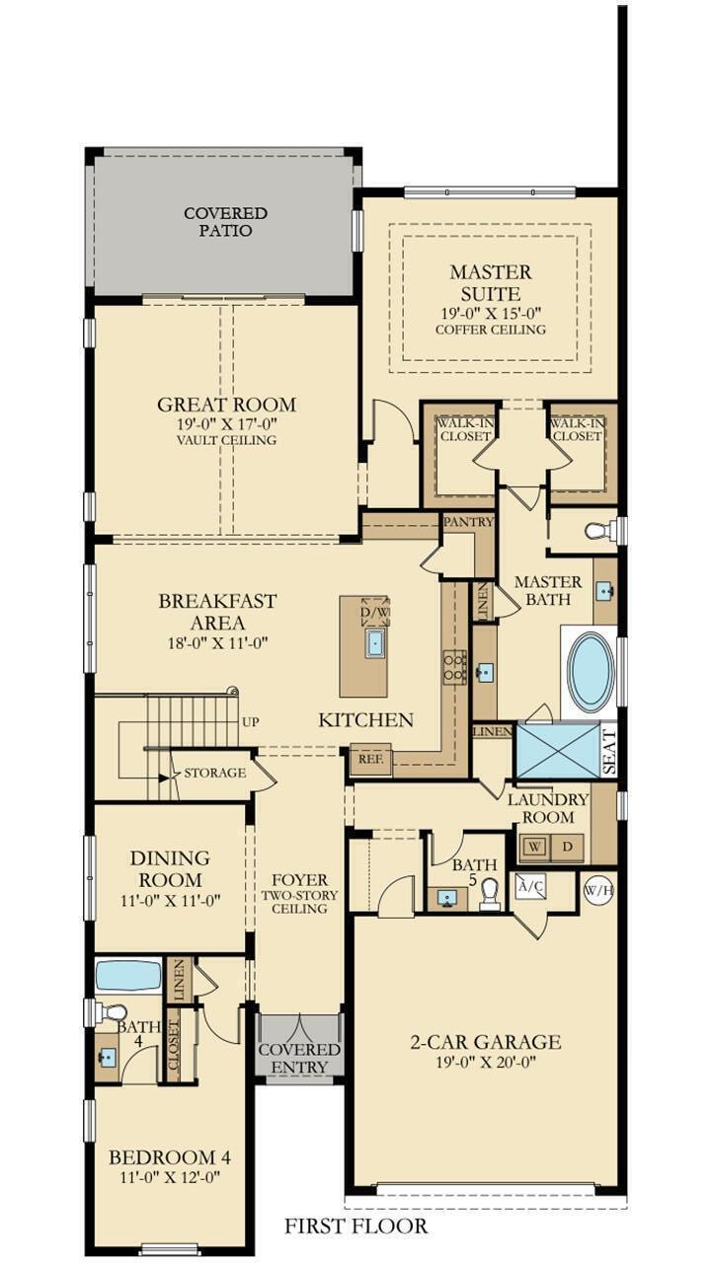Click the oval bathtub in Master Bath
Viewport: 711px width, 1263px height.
(x=591, y=672)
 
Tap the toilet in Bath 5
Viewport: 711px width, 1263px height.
(x=489, y=894)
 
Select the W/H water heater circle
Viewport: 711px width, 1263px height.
(x=598, y=890)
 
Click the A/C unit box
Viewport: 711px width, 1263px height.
(x=529, y=887)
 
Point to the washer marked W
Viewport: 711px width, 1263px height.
(x=535, y=848)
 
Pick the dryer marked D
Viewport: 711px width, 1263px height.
(x=567, y=848)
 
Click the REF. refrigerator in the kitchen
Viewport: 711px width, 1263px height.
(x=371, y=760)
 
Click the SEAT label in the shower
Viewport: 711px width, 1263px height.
(x=608, y=752)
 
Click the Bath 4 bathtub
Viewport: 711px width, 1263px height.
(x=128, y=976)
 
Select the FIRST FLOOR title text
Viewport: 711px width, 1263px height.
(x=356, y=1226)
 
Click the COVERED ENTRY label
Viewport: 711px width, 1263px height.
(x=299, y=1058)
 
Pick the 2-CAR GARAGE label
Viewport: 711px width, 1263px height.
(x=486, y=1042)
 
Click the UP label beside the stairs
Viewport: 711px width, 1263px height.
(x=251, y=722)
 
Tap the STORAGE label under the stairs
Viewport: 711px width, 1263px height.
(x=214, y=773)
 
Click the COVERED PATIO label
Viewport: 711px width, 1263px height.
(x=225, y=222)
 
